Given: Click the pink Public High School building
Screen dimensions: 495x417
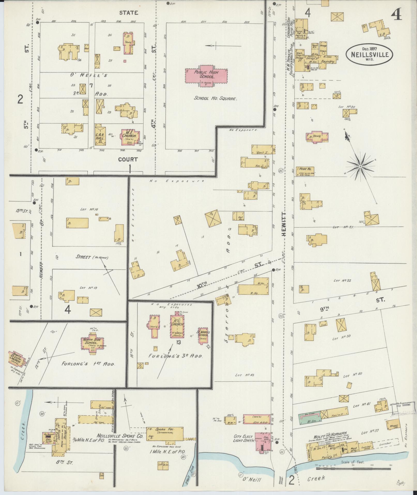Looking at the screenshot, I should click(x=206, y=76).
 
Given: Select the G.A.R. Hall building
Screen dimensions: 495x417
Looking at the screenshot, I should click(x=100, y=136).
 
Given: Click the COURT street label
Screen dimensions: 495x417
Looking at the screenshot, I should click(x=128, y=159).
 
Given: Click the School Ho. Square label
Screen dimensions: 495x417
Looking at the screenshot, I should click(x=215, y=99).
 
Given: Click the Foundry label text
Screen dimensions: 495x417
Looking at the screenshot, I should click(x=328, y=62).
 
